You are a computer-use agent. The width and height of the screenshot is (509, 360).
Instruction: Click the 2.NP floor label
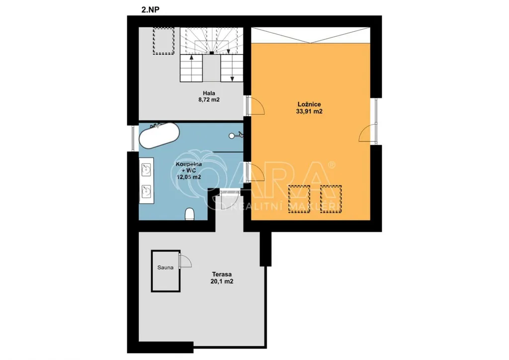(150, 9)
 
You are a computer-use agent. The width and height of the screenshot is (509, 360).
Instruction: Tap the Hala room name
(209, 93)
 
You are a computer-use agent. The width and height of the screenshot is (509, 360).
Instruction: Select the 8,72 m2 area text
(209, 99)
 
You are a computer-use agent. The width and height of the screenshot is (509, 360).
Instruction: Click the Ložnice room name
(309, 104)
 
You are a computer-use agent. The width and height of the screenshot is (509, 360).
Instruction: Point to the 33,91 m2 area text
(309, 111)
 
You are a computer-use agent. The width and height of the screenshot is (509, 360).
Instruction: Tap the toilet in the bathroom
(189, 214)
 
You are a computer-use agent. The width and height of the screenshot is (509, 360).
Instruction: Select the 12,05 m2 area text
(188, 177)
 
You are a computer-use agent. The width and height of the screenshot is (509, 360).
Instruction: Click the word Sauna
(165, 268)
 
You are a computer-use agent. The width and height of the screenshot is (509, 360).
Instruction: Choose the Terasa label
(222, 274)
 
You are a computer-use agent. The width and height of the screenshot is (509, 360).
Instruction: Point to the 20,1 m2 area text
(222, 281)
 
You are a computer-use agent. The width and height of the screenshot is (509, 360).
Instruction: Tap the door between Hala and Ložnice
(255, 105)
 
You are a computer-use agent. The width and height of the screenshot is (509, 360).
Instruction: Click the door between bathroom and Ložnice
(255, 172)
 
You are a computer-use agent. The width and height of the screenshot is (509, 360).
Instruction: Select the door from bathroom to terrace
(230, 199)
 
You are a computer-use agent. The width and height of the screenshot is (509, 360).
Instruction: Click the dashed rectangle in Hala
(164, 41)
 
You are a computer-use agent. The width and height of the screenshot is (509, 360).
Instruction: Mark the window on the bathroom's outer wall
(133, 138)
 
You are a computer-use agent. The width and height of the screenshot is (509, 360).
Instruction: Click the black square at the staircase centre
(212, 53)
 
